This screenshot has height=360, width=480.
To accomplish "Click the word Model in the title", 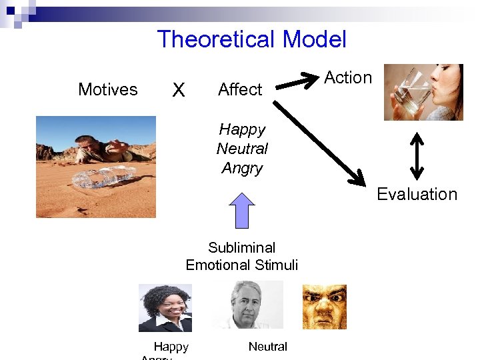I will tap(314, 39).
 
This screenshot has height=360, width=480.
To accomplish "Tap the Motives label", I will tap(108, 89).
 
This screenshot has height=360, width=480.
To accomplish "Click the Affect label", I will tap(240, 89).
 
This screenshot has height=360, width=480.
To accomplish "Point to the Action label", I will tap(348, 78).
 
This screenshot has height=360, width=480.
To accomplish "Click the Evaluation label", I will tap(417, 194).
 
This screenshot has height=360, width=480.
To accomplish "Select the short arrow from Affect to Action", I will tap(298, 82).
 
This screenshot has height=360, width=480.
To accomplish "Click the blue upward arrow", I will tap(242, 210).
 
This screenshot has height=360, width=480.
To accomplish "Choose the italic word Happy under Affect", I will tap(242, 129).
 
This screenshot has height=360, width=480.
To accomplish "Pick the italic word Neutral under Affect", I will tap(242, 149).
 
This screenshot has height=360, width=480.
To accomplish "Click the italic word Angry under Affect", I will tap(242, 168).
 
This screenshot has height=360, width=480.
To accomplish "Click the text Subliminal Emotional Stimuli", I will tap(242, 256).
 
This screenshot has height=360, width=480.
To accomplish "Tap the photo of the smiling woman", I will tap(165, 307).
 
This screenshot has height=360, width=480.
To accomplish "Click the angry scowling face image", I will tap(324, 307).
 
